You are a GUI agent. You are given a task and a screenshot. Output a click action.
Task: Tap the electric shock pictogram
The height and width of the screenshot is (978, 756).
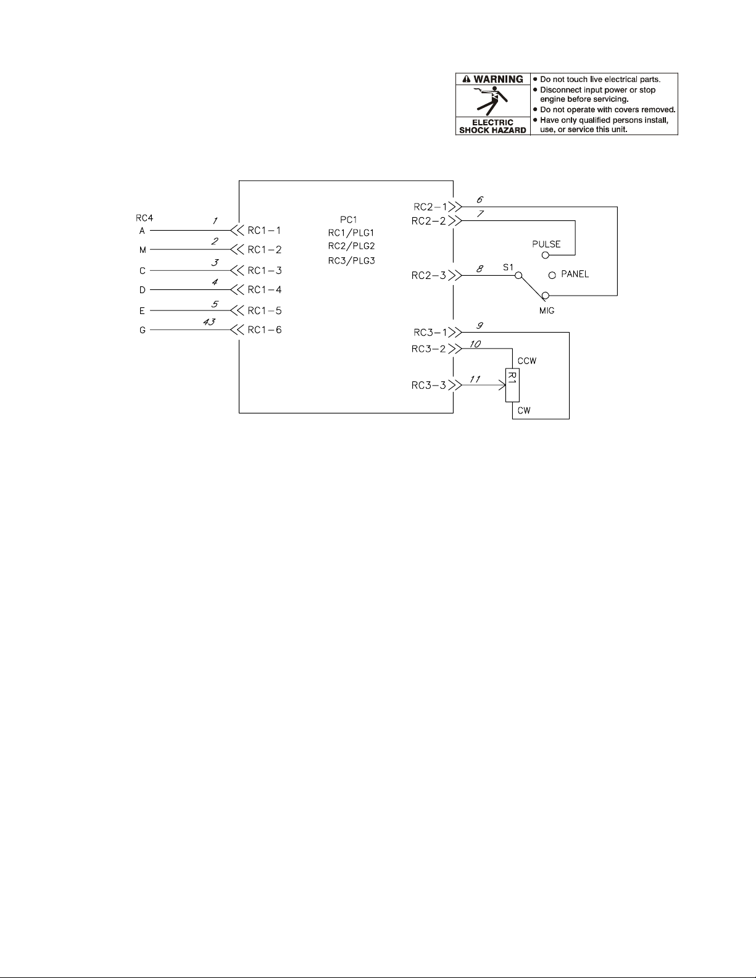[x=492, y=101]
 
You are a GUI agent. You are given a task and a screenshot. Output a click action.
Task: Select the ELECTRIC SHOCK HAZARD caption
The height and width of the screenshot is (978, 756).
[x=492, y=126]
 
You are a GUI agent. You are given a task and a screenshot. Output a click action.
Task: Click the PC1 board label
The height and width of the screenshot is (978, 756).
[x=349, y=220]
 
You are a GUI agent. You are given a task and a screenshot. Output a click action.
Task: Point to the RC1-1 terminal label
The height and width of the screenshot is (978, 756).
[x=264, y=230]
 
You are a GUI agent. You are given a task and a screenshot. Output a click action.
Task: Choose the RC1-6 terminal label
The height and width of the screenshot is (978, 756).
[x=264, y=329]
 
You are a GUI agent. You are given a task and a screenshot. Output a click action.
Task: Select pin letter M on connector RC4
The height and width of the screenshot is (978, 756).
[x=143, y=250]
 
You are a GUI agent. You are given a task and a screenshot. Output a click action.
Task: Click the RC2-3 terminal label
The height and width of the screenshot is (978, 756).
[x=428, y=275]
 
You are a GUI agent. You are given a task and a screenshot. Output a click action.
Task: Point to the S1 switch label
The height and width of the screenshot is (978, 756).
[x=507, y=267]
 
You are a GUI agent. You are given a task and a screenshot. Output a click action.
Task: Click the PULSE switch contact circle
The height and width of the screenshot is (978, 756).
[x=546, y=254]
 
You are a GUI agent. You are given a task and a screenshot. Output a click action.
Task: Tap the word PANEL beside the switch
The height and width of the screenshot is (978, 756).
[x=575, y=274]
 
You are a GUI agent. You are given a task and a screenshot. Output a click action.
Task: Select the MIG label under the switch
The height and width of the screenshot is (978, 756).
[x=547, y=310]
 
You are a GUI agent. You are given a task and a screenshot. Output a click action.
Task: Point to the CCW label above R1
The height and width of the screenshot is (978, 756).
[x=526, y=361]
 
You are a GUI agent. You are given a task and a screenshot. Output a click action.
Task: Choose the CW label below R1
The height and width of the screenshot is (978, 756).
[x=524, y=410]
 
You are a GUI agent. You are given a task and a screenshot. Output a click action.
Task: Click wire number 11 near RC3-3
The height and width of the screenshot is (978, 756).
[x=475, y=379]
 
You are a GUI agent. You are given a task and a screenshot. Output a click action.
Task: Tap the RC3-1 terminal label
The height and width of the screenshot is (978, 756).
[x=428, y=333]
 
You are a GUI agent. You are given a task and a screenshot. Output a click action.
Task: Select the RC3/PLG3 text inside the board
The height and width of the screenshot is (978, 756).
[x=351, y=260]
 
